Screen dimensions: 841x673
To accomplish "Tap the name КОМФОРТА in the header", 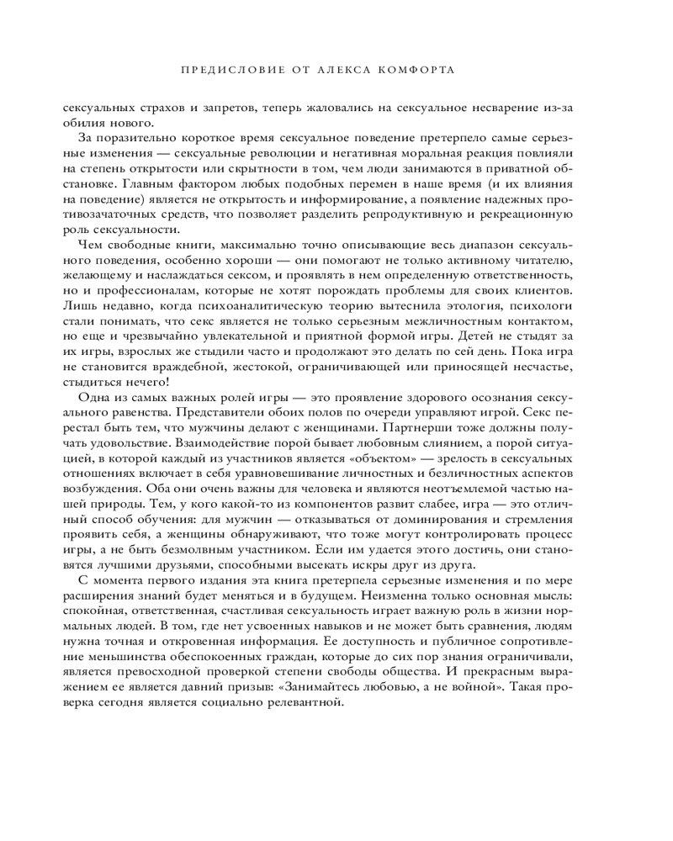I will [x=418, y=70].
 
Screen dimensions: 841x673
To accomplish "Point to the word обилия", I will [x=82, y=124].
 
